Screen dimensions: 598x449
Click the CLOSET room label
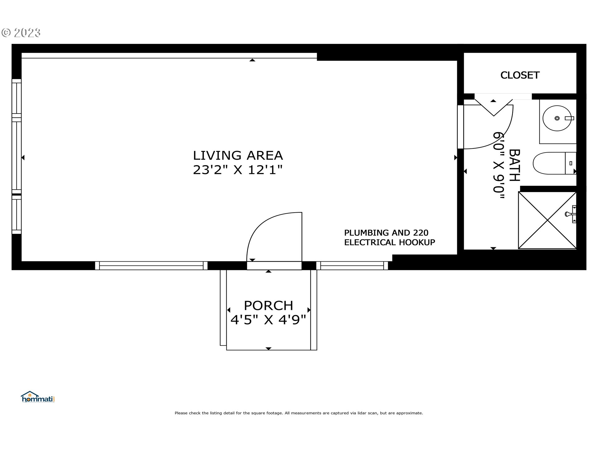tap(520, 75)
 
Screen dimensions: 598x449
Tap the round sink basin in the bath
tap(557, 118)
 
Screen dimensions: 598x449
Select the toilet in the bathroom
tap(554, 163)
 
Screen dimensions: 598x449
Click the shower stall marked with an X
tap(547, 220)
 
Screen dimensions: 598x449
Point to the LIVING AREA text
tap(238, 155)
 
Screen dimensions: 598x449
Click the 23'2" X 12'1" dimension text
tap(238, 170)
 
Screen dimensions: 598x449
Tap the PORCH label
tap(268, 306)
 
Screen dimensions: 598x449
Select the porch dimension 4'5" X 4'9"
tap(268, 320)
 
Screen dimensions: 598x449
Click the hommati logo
tap(38, 397)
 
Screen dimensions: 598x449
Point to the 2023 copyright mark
tap(21, 33)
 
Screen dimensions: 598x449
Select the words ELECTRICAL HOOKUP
tap(390, 242)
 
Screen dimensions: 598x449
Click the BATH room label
tap(515, 165)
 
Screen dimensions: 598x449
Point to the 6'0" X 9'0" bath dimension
tap(499, 165)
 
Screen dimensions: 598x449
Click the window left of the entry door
tap(151, 266)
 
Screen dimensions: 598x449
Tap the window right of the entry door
tap(352, 266)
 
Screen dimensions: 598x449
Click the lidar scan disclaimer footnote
tap(299, 413)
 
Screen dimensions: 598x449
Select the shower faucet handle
tap(571, 214)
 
